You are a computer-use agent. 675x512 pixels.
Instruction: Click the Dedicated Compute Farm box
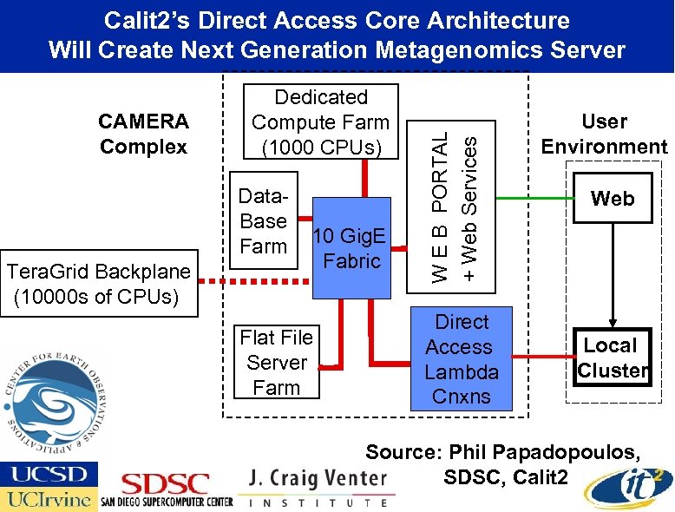pos(320,122)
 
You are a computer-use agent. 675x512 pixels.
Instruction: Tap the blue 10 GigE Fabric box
pos(351,248)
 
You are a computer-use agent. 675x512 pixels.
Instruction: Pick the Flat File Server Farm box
pos(276,363)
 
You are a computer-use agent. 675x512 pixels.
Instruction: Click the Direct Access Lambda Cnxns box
pos(461,359)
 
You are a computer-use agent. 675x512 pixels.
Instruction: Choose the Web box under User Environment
pos(612,200)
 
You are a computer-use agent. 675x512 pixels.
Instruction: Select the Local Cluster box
pos(612,358)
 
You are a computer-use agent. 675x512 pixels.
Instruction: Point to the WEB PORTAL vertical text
pos(441,206)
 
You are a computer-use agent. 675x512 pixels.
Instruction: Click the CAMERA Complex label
pos(143,134)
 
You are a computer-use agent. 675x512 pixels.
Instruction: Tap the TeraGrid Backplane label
pos(97,285)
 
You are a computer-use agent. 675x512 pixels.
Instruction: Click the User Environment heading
pos(604,134)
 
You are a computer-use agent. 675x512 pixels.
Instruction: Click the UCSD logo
pos(49,474)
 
